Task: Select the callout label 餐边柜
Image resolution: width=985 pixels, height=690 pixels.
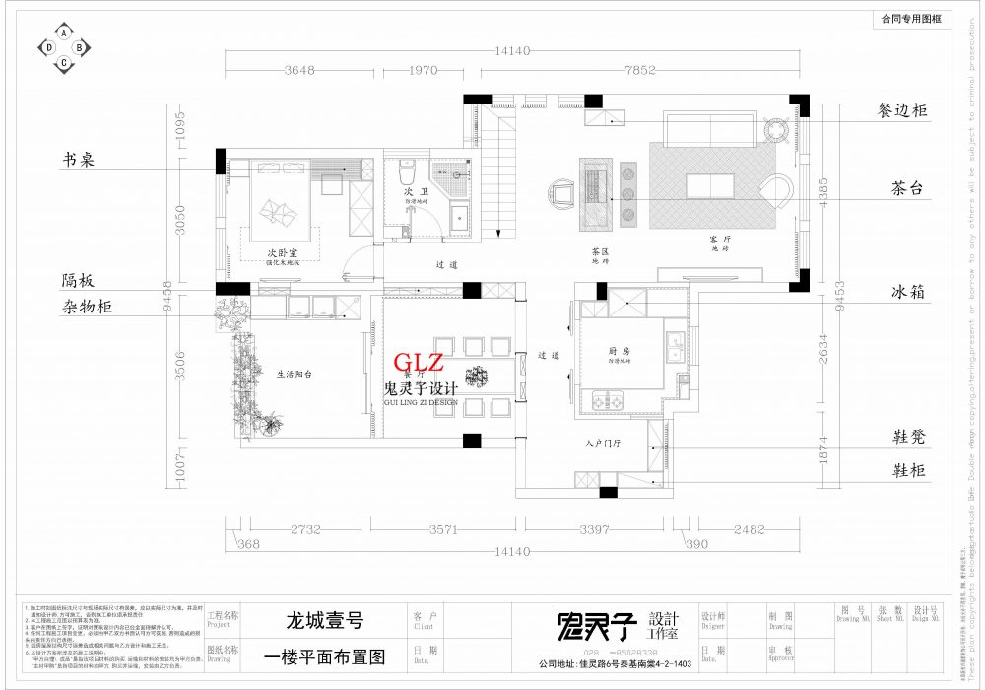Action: pyautogui.click(x=902, y=110)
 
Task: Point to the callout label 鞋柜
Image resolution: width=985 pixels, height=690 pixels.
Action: pyautogui.click(x=908, y=471)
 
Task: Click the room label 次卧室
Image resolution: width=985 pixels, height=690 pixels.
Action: pyautogui.click(x=282, y=253)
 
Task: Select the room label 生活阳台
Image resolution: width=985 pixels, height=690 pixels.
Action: pyautogui.click(x=294, y=374)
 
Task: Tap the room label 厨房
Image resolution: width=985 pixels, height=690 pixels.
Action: pyautogui.click(x=620, y=350)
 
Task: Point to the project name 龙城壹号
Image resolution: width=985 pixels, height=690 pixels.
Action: pyautogui.click(x=325, y=621)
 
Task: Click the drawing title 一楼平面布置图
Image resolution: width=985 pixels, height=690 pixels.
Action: pyautogui.click(x=325, y=655)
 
